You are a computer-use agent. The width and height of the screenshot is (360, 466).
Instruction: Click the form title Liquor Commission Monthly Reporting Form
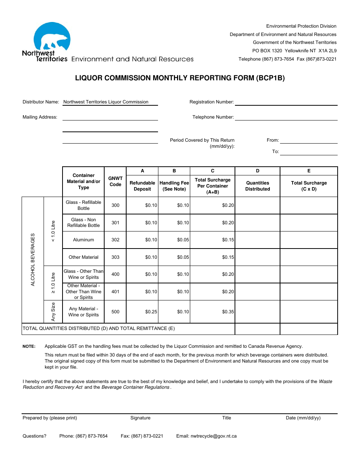click(180, 78)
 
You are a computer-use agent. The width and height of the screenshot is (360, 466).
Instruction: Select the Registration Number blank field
click(286, 102)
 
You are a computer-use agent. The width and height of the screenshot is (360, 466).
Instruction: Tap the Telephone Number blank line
click(286, 117)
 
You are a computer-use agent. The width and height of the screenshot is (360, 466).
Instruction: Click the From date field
click(308, 140)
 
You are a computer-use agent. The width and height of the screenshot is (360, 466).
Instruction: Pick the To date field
click(308, 152)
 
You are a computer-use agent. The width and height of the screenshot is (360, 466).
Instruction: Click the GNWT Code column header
click(115, 181)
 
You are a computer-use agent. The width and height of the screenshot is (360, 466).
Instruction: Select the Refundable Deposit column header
click(142, 186)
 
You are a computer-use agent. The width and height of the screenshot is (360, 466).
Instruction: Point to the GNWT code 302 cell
click(115, 240)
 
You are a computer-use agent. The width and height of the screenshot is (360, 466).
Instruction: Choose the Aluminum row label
click(83, 240)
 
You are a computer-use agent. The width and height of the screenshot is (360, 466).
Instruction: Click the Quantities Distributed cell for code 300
click(257, 205)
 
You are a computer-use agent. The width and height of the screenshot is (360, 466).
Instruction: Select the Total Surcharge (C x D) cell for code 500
click(308, 312)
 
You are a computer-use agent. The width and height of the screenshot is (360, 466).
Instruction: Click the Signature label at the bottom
click(140, 418)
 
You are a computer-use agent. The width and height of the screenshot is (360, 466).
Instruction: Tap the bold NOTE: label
click(29, 346)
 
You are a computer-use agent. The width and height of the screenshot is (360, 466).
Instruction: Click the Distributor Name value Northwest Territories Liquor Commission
click(106, 102)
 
